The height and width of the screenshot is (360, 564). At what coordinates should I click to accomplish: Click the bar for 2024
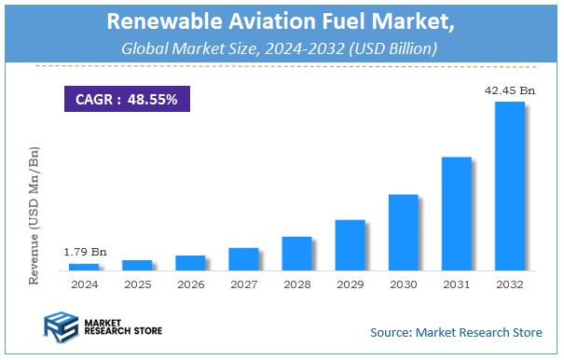click(x=83, y=267)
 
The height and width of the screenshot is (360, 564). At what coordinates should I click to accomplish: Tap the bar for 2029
click(x=350, y=245)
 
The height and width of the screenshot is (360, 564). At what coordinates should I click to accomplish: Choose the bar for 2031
click(x=456, y=214)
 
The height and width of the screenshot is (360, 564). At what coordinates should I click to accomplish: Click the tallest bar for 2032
click(x=509, y=187)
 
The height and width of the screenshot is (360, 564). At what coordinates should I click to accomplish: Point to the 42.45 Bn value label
click(x=509, y=91)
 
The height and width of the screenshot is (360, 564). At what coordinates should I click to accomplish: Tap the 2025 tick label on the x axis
click(x=136, y=284)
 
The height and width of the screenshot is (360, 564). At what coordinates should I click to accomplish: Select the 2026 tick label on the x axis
click(x=189, y=284)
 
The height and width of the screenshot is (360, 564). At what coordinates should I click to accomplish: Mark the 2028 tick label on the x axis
click(x=296, y=284)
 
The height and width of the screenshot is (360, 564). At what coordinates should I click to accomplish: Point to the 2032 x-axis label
click(x=509, y=284)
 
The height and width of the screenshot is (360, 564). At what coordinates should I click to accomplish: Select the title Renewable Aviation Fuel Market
click(x=282, y=20)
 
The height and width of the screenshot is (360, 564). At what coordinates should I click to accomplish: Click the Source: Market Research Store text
click(x=456, y=331)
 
